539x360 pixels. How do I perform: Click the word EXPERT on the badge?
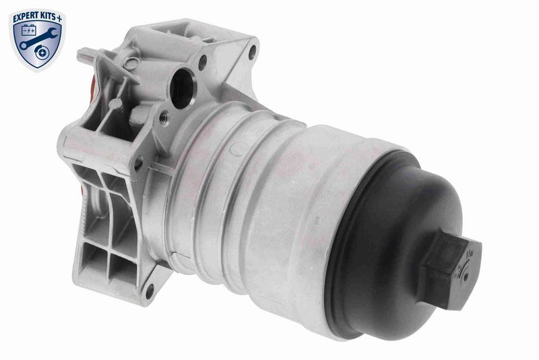tap(25, 19)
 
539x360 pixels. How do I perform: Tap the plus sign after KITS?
tap(59, 18)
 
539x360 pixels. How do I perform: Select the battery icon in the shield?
tap(28, 30)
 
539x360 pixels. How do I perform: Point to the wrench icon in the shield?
tap(38, 38)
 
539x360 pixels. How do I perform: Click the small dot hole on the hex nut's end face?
tap(466, 276)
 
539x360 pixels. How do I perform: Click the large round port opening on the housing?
tap(182, 88)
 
